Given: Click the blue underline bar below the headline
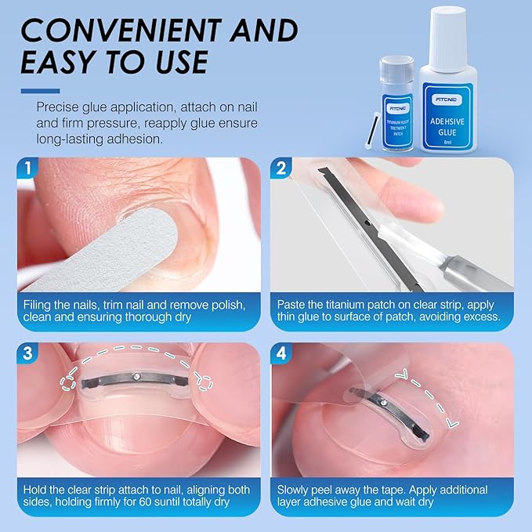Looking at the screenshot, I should [x=41, y=90].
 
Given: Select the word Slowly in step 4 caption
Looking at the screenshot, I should [x=296, y=490].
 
